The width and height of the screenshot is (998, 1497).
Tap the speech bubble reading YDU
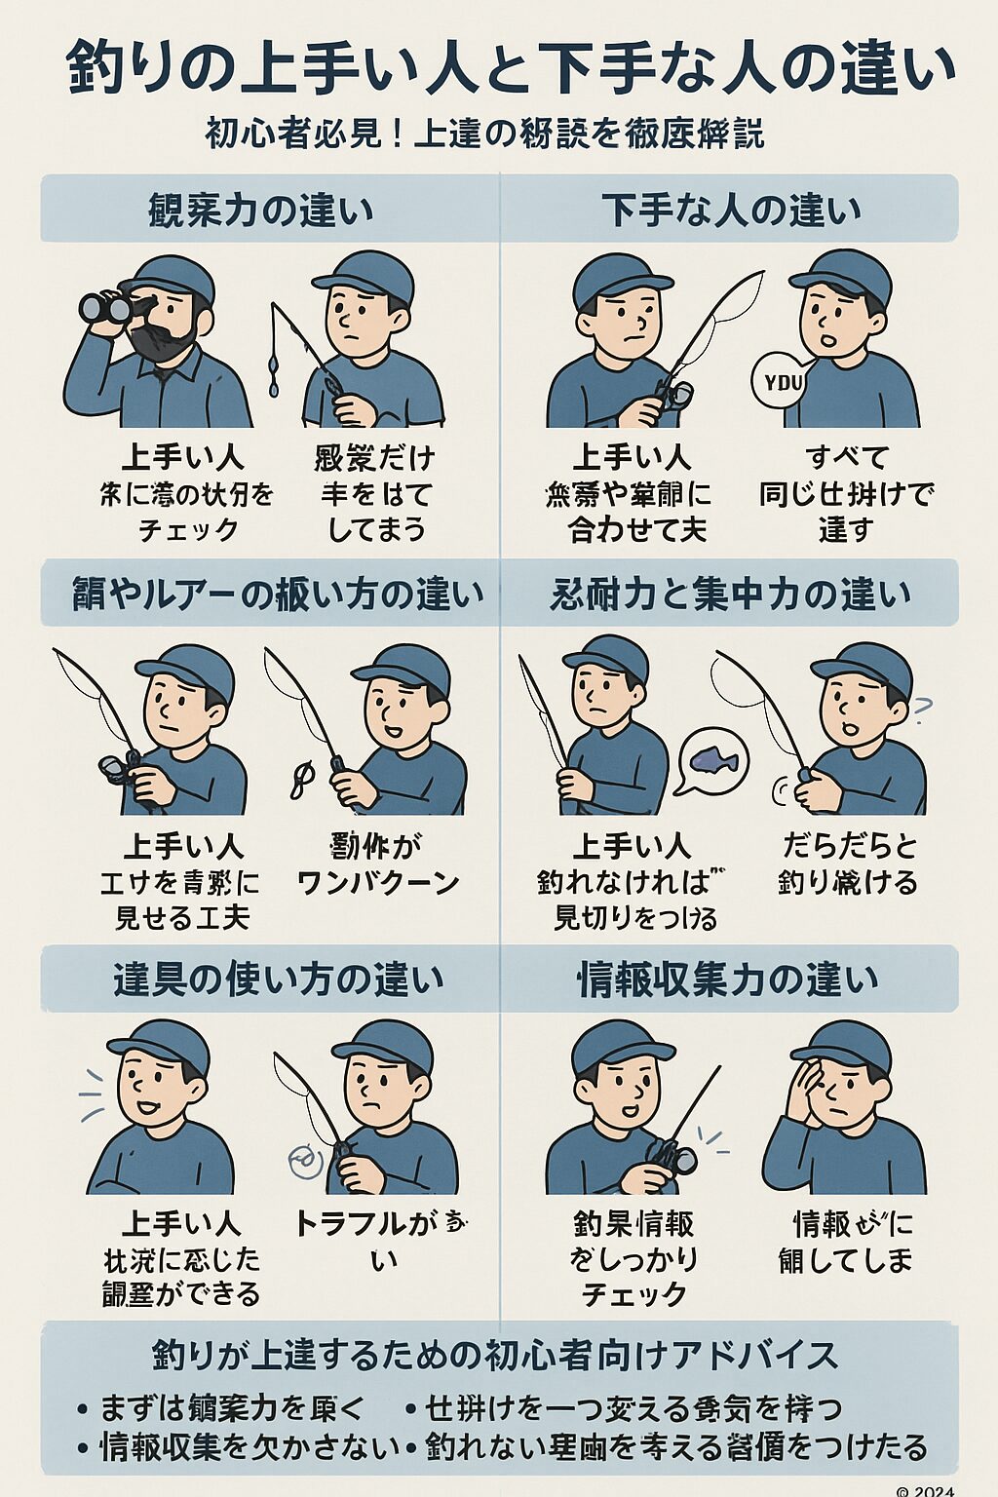pos(784,381)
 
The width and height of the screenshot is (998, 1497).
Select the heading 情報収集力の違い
pos(727,979)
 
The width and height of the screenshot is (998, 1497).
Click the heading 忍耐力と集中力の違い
pos(729,594)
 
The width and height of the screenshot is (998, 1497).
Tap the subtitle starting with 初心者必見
pos(484,134)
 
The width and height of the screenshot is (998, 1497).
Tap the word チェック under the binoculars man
pos(188,530)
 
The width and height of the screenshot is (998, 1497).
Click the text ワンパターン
pos(377,883)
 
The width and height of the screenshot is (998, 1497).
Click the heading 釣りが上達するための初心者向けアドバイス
pos(495,1356)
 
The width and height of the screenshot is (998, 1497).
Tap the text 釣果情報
pos(633,1223)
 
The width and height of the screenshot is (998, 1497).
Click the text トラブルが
pos(365,1223)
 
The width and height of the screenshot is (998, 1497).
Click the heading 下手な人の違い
pos(731,210)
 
